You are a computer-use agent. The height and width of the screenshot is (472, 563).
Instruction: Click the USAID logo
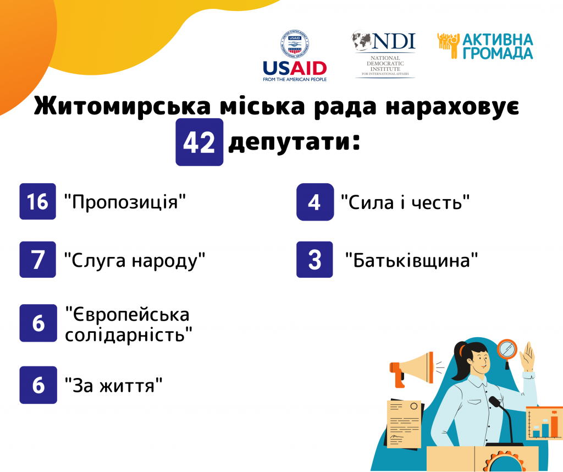[x=295, y=56]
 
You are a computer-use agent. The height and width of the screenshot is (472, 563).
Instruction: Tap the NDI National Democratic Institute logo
[x=384, y=54]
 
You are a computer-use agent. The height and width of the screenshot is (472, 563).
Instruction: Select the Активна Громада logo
[x=485, y=46]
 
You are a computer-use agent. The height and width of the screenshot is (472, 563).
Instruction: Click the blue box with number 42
[x=199, y=142]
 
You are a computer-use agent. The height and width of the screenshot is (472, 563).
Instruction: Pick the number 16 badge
[x=38, y=201]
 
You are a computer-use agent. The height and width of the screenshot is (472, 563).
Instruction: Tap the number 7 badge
[x=38, y=259]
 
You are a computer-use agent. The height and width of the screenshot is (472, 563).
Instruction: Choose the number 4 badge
[x=315, y=202]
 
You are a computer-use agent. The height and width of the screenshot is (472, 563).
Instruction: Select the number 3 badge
[x=314, y=259]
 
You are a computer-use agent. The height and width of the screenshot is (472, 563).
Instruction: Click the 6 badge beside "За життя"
[x=38, y=385]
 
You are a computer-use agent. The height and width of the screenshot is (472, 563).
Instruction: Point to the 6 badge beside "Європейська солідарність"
[x=38, y=323]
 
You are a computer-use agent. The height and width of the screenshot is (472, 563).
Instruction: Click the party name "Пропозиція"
[x=125, y=202]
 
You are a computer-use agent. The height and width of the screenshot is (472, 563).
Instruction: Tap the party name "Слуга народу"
[x=135, y=260]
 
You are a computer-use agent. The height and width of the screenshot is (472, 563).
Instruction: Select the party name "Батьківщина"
[x=411, y=260]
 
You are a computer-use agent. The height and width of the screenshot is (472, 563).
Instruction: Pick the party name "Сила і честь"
[x=405, y=202]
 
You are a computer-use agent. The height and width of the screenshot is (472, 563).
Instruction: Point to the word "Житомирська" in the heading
[x=122, y=106]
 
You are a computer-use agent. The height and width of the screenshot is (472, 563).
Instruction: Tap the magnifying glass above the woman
[x=507, y=352]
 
